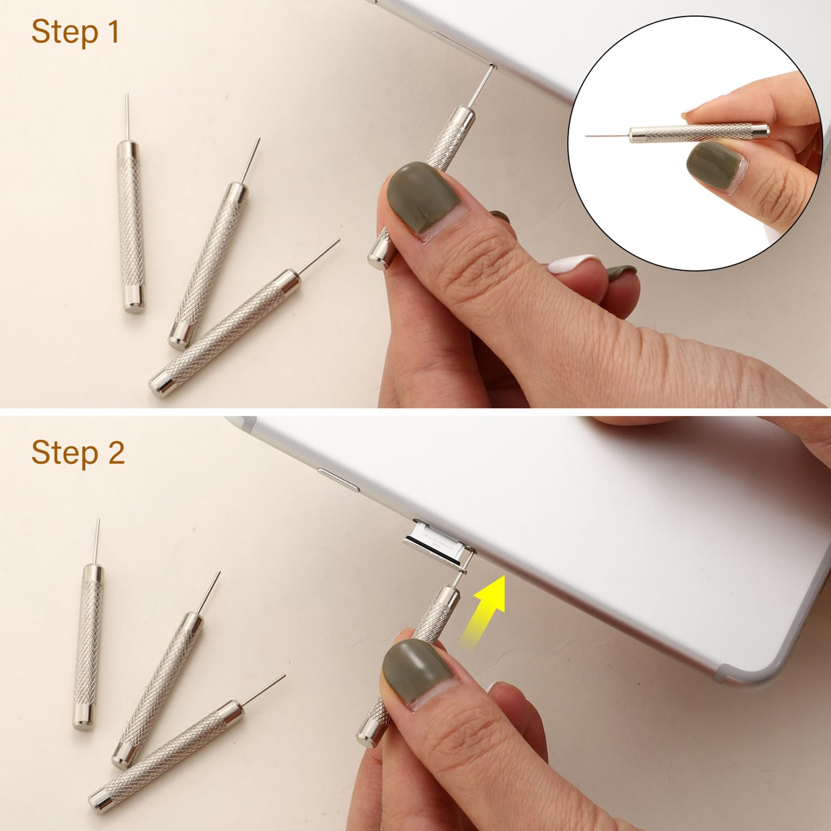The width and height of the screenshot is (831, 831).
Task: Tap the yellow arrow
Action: [x=486, y=608]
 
